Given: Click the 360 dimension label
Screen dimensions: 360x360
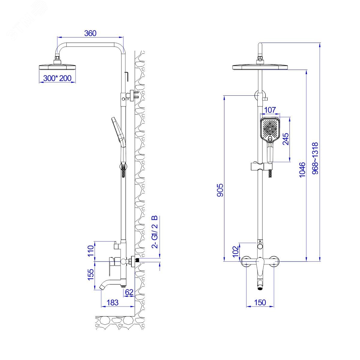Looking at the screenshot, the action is tap(90, 33).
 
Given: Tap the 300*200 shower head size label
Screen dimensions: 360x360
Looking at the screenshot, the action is tap(57, 78).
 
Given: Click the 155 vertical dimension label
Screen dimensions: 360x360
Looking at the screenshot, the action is tap(91, 274).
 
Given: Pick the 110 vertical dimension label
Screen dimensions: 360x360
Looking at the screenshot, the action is tap(91, 251).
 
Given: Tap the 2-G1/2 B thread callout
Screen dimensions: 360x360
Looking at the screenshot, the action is tap(155, 232).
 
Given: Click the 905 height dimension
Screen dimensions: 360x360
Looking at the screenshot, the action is tap(220, 190).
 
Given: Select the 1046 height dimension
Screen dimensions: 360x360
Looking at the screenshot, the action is tap(302, 169).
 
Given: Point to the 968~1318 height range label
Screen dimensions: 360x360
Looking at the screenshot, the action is tap(315, 158).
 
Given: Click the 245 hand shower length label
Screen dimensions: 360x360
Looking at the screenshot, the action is tap(286, 139).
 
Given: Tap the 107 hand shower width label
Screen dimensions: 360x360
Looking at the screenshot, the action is tap(270, 110).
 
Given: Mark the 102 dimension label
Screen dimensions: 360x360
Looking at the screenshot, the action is tap(236, 251).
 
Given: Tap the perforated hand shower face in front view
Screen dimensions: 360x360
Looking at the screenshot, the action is tap(270, 129).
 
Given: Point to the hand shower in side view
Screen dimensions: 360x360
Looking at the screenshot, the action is tap(119, 140).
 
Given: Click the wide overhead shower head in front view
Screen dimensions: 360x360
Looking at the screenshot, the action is tap(260, 67).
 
